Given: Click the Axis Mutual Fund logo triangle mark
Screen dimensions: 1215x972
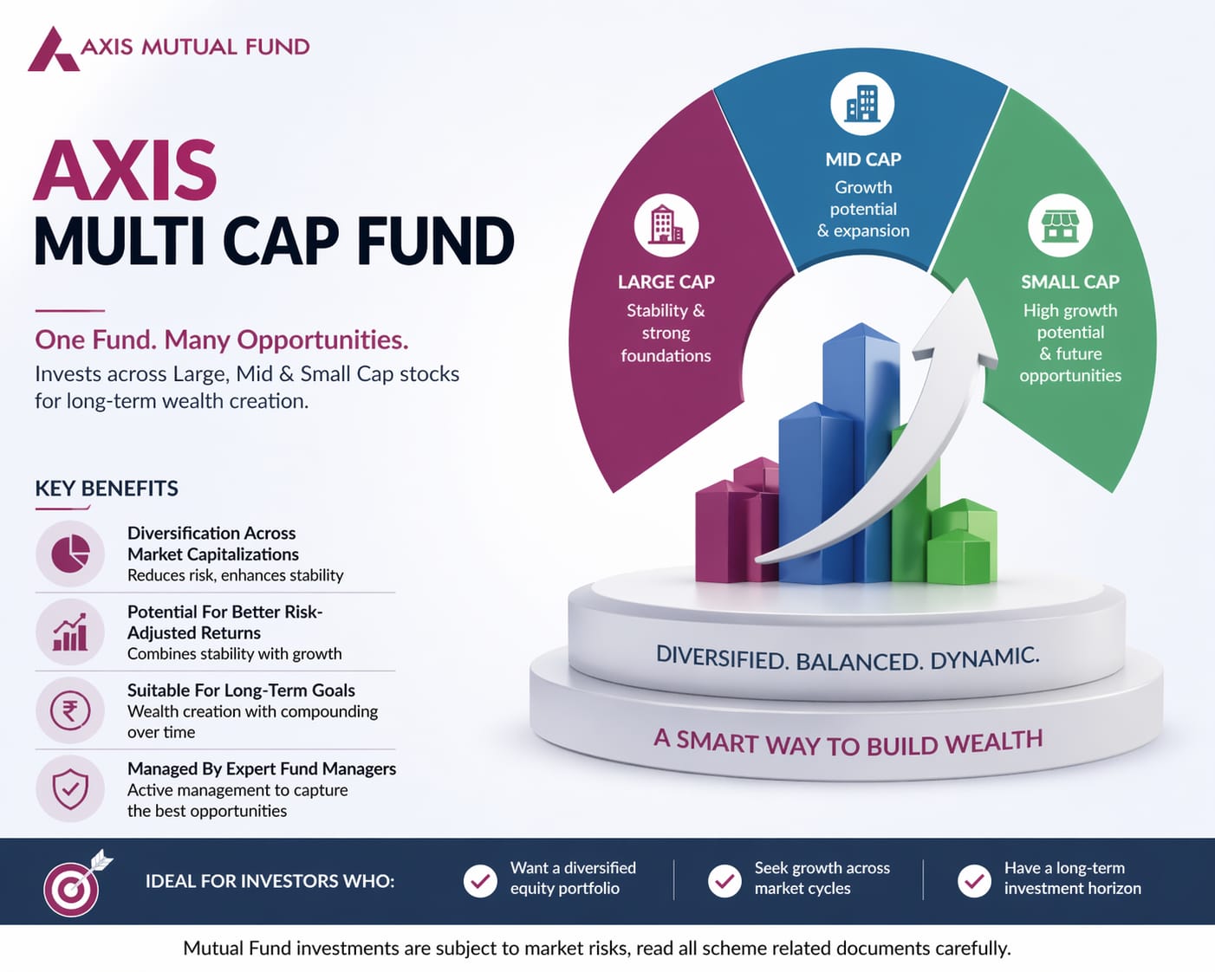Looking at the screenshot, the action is (x=53, y=49).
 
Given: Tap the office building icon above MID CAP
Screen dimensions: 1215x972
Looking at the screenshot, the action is (x=862, y=103).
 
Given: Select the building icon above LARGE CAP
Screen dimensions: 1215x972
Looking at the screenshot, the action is (x=666, y=226).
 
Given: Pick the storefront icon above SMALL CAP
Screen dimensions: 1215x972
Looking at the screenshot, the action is (x=1060, y=225).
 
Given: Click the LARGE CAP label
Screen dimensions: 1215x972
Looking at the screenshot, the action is (x=666, y=282).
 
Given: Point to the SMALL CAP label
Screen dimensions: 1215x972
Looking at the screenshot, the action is (x=1070, y=282).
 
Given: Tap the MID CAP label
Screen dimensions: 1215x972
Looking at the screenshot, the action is (x=863, y=159).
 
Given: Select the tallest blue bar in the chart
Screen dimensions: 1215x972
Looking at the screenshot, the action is (x=861, y=451).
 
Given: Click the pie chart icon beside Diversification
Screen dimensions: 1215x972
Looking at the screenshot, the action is (x=70, y=554).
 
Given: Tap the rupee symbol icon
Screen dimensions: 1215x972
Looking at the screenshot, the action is (x=70, y=710).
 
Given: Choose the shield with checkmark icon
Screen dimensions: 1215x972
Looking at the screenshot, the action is (x=70, y=789).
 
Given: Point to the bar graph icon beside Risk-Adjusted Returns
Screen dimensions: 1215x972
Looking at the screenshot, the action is (x=70, y=632).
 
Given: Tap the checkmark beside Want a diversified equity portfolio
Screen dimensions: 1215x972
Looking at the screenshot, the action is (x=480, y=881).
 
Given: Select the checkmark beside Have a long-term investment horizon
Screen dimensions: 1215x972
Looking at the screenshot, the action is (x=974, y=881).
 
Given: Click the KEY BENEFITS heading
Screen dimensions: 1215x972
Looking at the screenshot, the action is (x=107, y=489).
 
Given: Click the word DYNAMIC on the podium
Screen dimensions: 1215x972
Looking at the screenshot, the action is (x=984, y=658).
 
